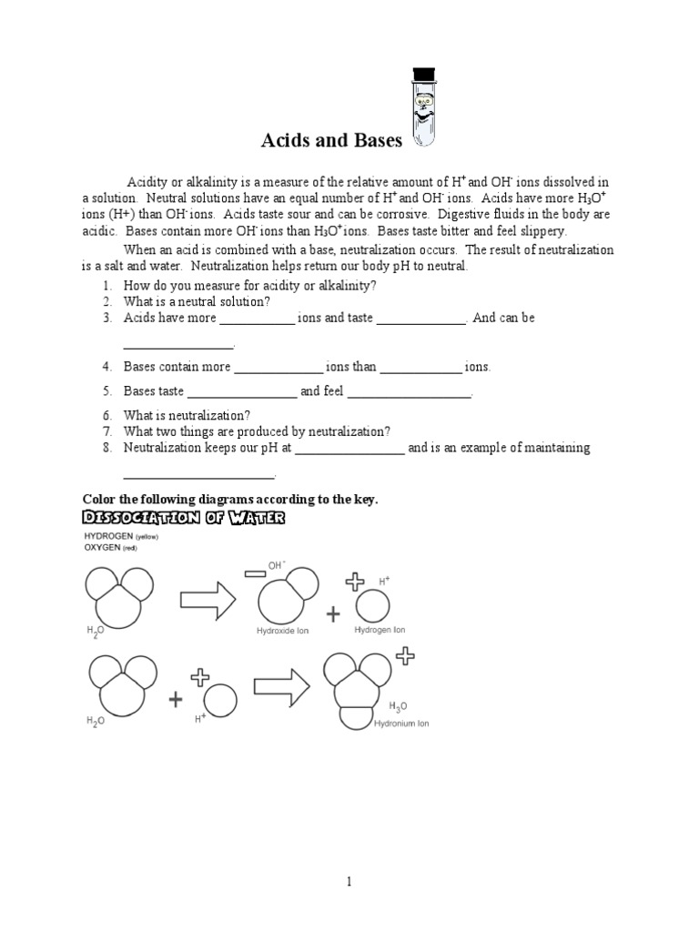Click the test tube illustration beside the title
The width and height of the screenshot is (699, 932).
[x=423, y=107]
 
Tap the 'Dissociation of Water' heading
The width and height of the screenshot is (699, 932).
[x=184, y=518]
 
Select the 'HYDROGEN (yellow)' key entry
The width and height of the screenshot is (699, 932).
[x=121, y=537]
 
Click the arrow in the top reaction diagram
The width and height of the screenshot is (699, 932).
[x=209, y=598]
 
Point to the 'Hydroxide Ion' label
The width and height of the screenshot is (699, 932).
[x=284, y=630]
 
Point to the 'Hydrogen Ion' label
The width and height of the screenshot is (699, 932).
[x=380, y=630]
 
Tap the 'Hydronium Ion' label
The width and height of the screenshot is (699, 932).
[x=401, y=724]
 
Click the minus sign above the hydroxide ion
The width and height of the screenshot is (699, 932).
[x=253, y=572]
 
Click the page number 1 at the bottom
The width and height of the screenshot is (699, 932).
[x=348, y=882]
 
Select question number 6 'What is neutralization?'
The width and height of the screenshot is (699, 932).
[x=187, y=415]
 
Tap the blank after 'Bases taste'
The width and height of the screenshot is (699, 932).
[x=241, y=392]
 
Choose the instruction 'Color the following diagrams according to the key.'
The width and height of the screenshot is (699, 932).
[x=229, y=499]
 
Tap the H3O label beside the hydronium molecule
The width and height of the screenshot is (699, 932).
[x=398, y=705]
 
